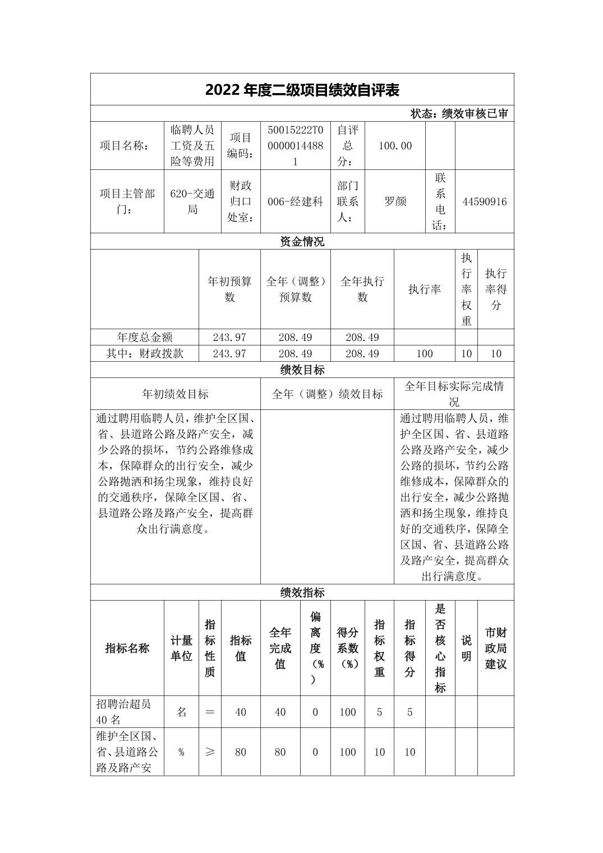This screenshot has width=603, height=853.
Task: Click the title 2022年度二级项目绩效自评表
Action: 302,90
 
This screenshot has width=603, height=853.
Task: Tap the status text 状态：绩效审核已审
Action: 459,114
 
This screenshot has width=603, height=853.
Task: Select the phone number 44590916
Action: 484,202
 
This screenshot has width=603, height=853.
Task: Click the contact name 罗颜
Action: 395,202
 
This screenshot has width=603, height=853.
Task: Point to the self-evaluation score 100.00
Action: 395,146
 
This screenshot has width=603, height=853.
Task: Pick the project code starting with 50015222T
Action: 295,146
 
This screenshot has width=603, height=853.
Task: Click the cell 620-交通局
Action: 192,202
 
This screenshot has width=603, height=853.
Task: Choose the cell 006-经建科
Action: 295,202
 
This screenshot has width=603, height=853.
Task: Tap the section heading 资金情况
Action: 302,242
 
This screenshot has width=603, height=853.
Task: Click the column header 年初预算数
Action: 229,289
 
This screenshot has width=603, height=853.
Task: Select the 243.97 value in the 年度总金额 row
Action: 229,337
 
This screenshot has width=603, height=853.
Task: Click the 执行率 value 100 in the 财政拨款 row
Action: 424,353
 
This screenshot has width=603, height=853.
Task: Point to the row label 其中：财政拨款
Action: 145,353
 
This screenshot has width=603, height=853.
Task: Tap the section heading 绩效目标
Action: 302,370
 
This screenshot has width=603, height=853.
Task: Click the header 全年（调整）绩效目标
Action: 327,394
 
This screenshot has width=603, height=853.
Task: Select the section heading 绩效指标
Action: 302,593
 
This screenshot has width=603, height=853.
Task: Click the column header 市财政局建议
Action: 495,648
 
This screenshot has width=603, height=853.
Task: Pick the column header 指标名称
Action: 127,648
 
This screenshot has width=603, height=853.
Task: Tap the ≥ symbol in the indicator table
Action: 210,752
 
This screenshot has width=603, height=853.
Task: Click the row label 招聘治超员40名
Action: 123,712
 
